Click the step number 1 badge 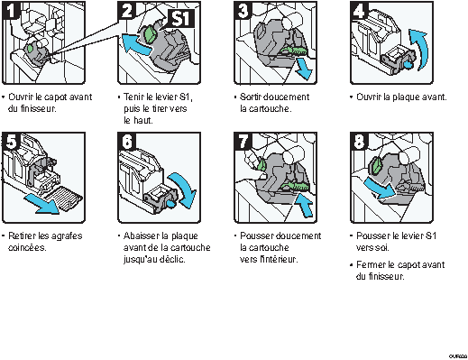(11, 11)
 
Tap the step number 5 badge (11, 142)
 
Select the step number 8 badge (359, 142)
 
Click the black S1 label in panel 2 (180, 19)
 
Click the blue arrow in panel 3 (304, 69)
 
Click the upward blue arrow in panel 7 (304, 205)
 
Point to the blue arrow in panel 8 (380, 188)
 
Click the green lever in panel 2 (151, 34)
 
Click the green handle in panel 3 (293, 51)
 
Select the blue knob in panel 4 (408, 64)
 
